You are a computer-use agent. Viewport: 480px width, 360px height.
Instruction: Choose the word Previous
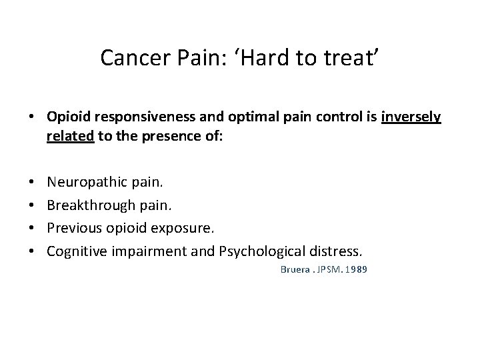[x=73, y=229]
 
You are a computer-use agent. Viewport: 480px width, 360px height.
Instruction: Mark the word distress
[x=337, y=251]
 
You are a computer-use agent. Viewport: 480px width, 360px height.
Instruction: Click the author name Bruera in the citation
[x=290, y=271]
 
